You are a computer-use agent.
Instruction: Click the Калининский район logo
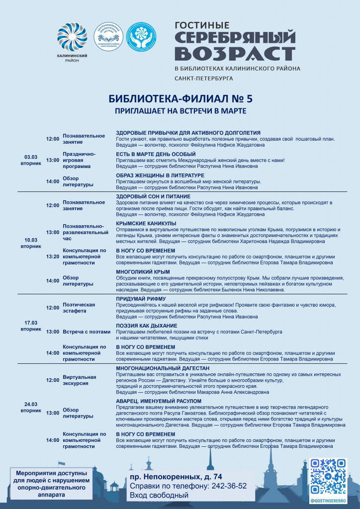(x=72, y=40)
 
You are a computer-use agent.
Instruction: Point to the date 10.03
(x=31, y=240)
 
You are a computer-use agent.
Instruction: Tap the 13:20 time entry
(x=53, y=256)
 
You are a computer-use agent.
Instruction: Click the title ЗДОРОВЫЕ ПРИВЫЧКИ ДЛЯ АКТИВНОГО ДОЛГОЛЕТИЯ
(x=188, y=133)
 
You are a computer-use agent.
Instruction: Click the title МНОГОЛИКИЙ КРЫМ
(x=143, y=272)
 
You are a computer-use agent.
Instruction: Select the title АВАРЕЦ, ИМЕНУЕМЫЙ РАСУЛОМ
(x=159, y=401)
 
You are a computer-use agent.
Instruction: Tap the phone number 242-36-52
(x=229, y=486)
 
